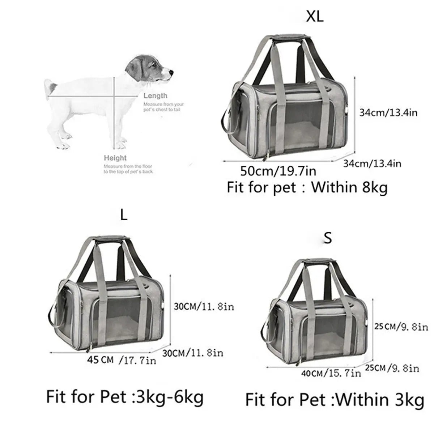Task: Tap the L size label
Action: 124,216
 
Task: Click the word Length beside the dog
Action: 155,96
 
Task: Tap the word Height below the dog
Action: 115,158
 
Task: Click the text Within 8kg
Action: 349,188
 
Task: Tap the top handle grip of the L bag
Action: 107,239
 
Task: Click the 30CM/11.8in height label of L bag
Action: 204,307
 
